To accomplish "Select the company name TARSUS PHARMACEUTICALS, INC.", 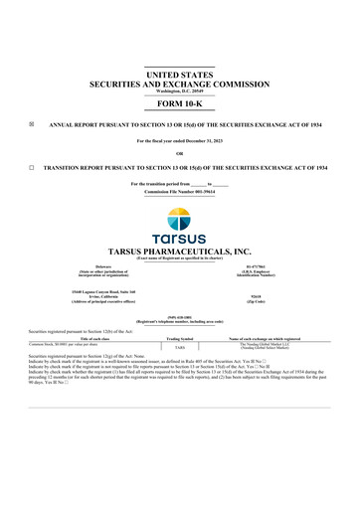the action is pyautogui.click(x=180, y=253).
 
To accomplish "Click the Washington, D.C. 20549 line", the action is pyautogui.click(x=180, y=91).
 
